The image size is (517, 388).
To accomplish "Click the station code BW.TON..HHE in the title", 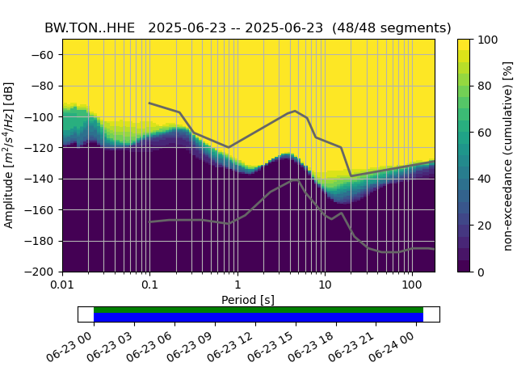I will (90, 27).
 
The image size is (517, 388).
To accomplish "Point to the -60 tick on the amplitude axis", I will (45, 55).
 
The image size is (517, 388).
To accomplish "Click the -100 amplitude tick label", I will (43, 117).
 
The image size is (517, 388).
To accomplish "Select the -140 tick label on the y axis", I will (43, 179).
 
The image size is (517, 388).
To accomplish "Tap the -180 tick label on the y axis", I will (43, 241).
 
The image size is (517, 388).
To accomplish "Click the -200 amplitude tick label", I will (43, 272).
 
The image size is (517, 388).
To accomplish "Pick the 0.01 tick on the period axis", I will (62, 285).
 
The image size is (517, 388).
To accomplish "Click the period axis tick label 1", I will (237, 285).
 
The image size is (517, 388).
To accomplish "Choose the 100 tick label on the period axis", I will (412, 285).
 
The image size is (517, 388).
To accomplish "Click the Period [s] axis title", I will (248, 300).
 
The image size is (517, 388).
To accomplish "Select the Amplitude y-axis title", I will (10, 155).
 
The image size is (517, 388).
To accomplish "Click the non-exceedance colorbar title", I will (508, 155).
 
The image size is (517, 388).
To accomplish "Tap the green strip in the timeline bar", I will (258, 310).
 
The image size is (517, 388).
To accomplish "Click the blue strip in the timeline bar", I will (258, 318).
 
